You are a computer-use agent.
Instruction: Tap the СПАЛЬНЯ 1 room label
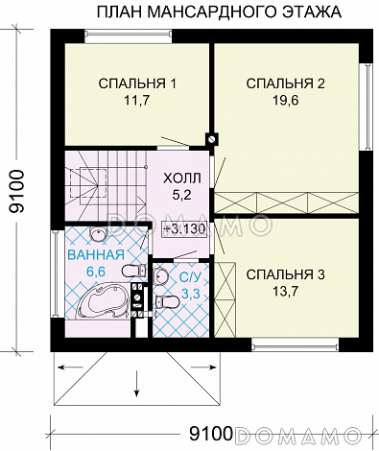click(137, 84)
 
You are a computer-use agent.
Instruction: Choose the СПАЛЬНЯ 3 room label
click(285, 275)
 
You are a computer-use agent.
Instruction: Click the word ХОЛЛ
click(181, 177)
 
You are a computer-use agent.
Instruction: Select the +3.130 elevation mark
click(182, 229)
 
